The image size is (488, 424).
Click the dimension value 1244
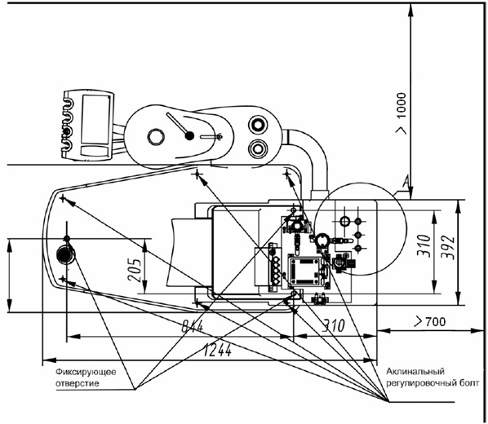point(218,351)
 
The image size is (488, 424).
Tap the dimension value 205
point(135,270)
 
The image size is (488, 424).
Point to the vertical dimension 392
point(449,248)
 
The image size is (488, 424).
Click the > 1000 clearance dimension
point(401,113)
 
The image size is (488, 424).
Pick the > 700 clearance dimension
point(430,321)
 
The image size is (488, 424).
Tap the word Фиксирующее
point(86,372)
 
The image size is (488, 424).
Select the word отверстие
point(78,383)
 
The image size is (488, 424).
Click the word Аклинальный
point(415,372)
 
